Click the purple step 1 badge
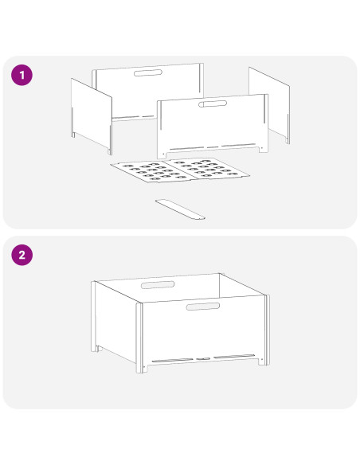pos(22,75)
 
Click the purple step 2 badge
pos(22,255)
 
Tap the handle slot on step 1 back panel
pos(147,72)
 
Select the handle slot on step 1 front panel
pos(213,104)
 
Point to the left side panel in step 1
pos(92,116)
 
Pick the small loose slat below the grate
pos(180,209)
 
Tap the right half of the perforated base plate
pos(209,170)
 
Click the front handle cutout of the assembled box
pos(203,307)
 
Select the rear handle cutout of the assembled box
pos(158,285)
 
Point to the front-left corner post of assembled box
pos(139,338)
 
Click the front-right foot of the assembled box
pos(263,361)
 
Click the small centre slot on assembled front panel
pos(203,359)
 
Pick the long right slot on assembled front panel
pos(234,356)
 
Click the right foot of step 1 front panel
pos(264,149)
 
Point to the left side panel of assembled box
pos(115,322)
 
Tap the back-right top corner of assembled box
pos(220,273)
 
